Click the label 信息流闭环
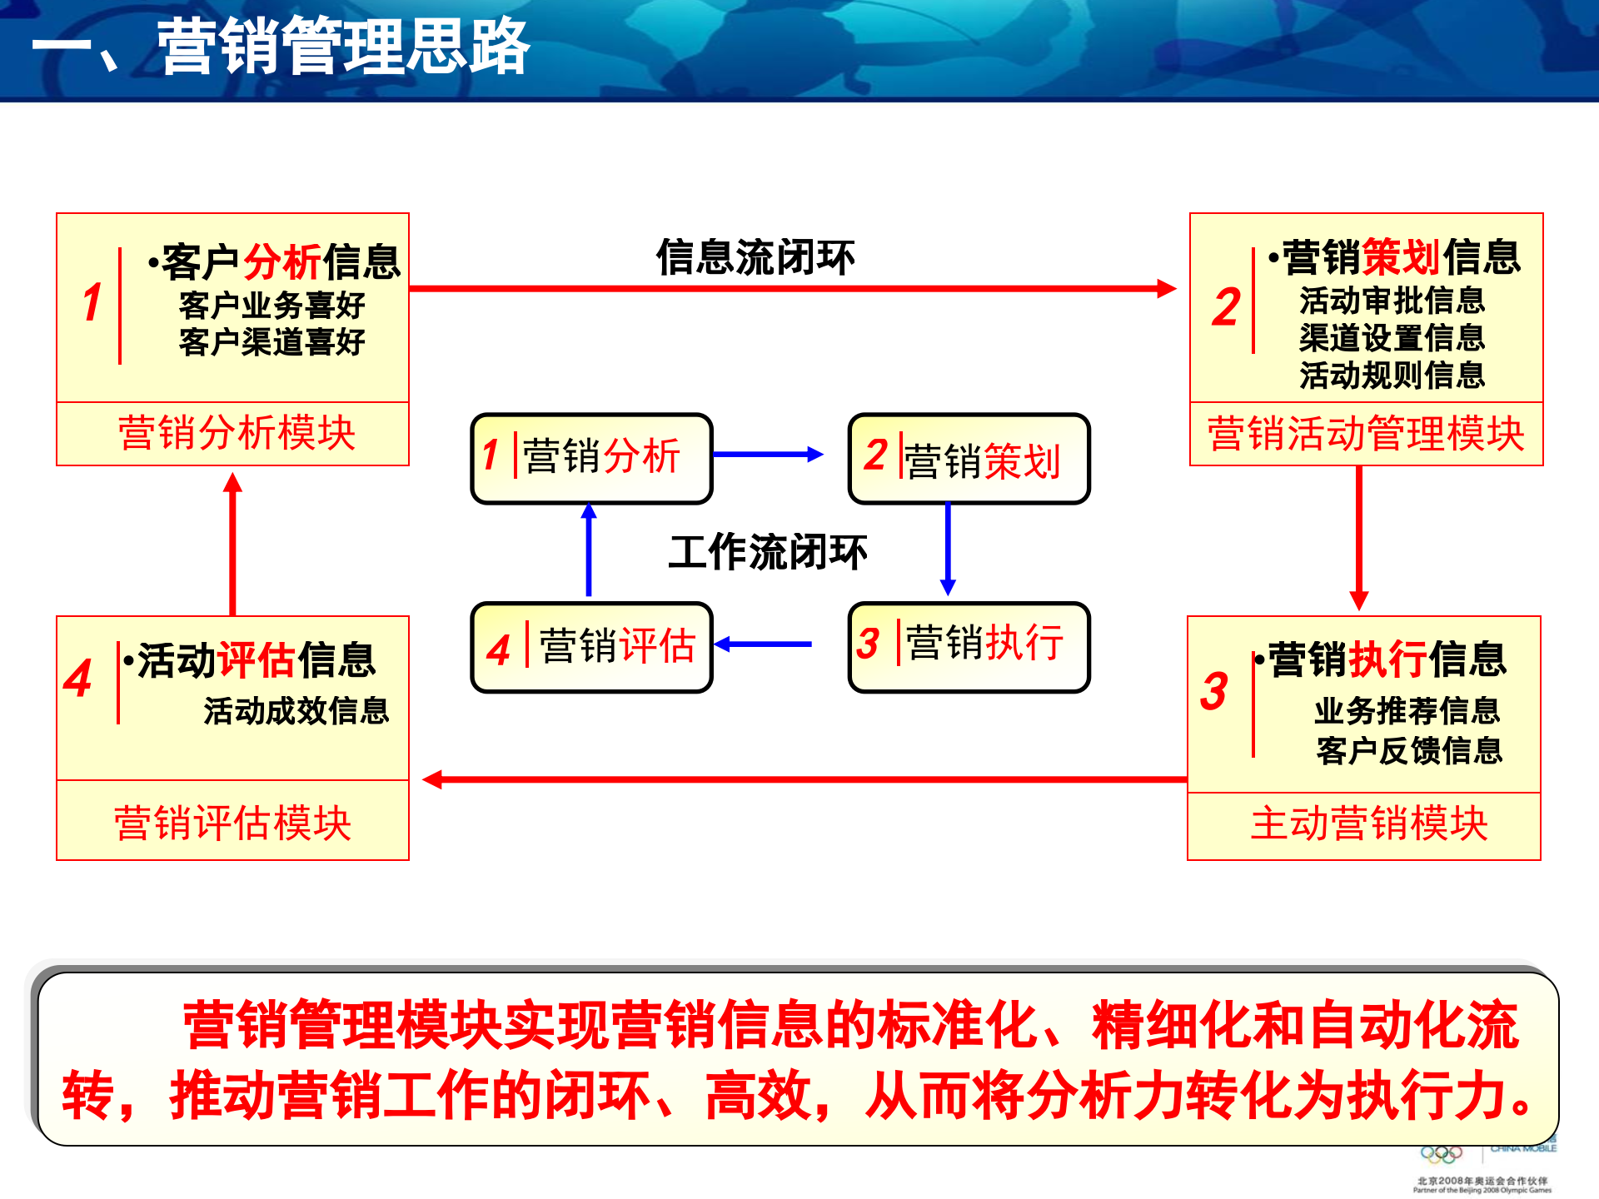(x=755, y=257)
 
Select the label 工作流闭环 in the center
(x=767, y=552)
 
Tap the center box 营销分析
(x=591, y=458)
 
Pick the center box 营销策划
(x=969, y=460)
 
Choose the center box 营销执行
(x=969, y=647)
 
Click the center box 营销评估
(x=591, y=647)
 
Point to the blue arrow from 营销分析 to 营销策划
(x=767, y=455)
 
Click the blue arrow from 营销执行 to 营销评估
(x=763, y=644)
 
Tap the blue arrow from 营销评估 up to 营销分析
(x=589, y=550)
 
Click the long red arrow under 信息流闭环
(x=791, y=289)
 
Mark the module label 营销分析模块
(x=237, y=434)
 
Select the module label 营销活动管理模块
(x=1366, y=435)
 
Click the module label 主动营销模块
(x=1368, y=824)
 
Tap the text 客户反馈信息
(x=1409, y=751)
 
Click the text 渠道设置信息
(x=1392, y=338)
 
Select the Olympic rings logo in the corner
(x=1442, y=1155)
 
